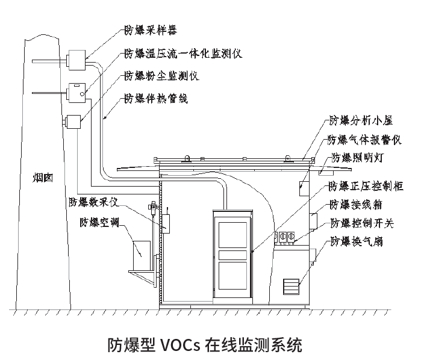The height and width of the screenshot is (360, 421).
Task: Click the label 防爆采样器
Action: pos(151,28)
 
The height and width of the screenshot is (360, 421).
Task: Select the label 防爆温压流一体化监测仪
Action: pos(182,53)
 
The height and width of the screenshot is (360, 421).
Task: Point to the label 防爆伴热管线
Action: pos(155,98)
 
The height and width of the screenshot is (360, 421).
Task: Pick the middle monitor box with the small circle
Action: pos(77,92)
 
